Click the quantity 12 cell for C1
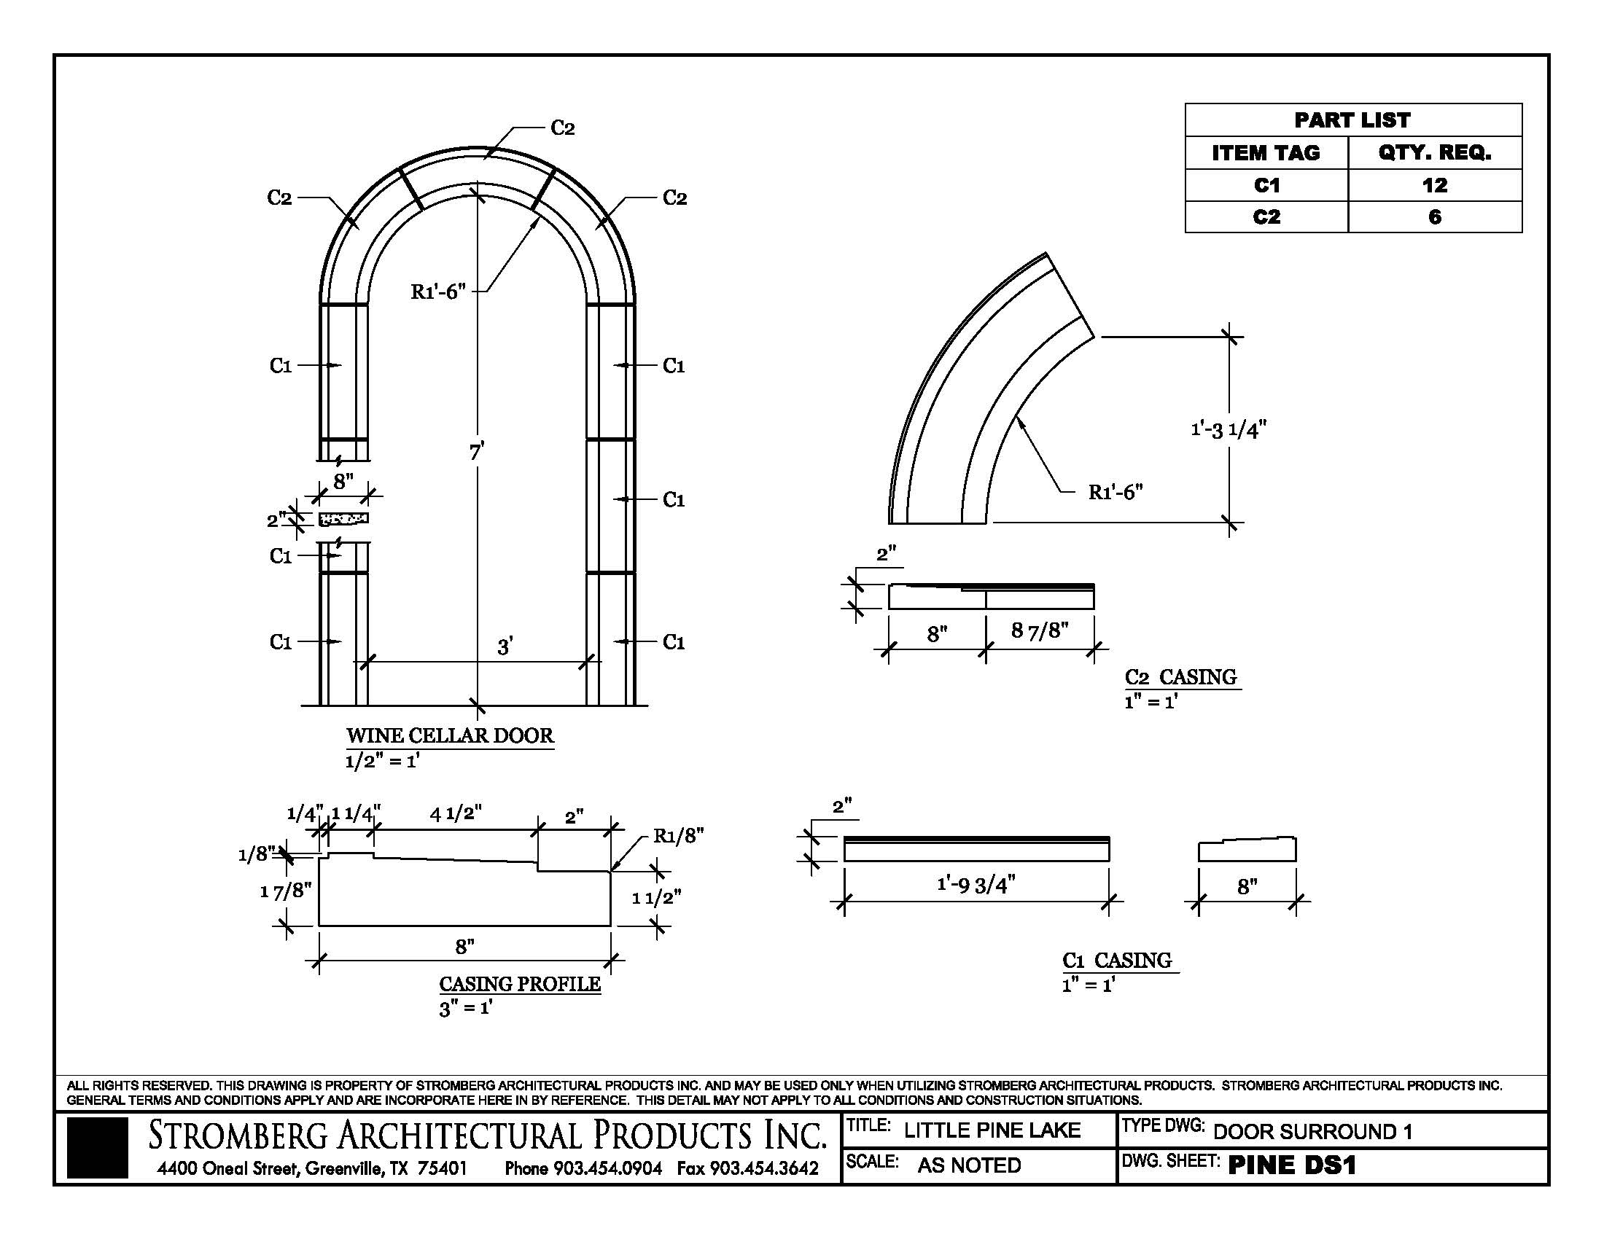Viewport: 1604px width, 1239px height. click(x=1434, y=185)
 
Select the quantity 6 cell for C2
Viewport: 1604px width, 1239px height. click(x=1434, y=217)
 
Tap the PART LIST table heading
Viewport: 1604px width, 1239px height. click(x=1352, y=120)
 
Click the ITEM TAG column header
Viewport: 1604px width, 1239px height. click(x=1266, y=152)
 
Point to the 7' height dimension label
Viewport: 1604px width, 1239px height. click(x=477, y=452)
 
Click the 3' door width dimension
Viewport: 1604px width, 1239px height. click(x=505, y=646)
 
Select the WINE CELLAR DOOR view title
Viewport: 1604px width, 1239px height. click(x=449, y=735)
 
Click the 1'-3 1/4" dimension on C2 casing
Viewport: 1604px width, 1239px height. click(x=1229, y=429)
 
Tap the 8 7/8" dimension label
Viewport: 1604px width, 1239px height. click(x=1039, y=630)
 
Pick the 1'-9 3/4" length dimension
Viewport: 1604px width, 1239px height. click(x=976, y=885)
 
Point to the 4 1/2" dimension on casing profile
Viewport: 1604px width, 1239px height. click(x=456, y=813)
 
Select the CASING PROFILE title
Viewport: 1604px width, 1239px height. click(x=519, y=984)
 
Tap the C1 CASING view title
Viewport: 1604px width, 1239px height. click(x=1116, y=960)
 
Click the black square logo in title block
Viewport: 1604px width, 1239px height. click(x=97, y=1148)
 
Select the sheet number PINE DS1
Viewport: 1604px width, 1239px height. click(x=1291, y=1165)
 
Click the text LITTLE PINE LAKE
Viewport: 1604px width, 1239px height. click(x=992, y=1130)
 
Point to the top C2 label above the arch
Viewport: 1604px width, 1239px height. click(x=562, y=128)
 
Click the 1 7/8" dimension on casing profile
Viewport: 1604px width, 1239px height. click(x=286, y=891)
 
